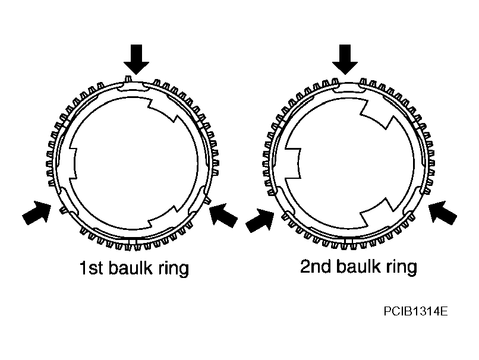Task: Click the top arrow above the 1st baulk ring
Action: coord(136,59)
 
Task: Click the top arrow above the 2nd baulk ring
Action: coord(345,59)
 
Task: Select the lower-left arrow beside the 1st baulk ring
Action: coord(37,212)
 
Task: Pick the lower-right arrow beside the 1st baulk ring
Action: coord(223,215)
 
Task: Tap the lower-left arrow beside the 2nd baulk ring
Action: coord(260,220)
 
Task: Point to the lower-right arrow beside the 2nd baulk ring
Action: coord(443,212)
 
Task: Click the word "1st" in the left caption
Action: coord(91,268)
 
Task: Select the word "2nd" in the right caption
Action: coord(316,266)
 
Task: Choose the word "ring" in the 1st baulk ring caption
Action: coord(174,269)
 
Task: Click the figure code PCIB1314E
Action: coord(416,311)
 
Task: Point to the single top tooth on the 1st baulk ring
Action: coord(128,78)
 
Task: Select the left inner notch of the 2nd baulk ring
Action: coord(292,163)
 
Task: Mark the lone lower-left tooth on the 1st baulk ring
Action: coord(64,210)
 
